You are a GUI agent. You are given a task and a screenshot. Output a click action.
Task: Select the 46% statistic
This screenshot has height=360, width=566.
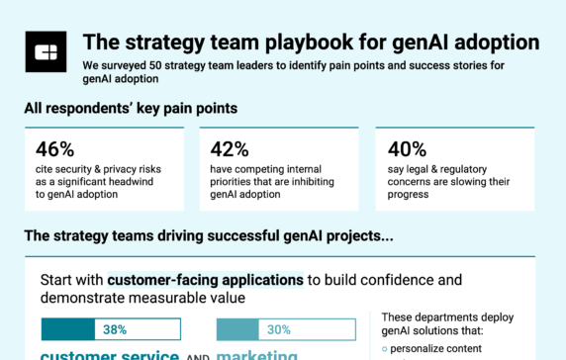[54, 149]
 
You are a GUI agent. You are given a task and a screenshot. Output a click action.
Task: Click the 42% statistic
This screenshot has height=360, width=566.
[231, 149]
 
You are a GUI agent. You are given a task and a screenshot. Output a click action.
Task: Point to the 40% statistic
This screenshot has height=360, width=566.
[408, 149]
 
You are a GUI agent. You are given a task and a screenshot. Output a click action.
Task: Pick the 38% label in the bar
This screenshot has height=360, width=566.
[114, 329]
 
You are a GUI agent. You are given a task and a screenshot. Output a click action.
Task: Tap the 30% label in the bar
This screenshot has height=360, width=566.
[278, 329]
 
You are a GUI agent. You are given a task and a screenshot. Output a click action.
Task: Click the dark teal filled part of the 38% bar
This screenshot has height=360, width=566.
[67, 329]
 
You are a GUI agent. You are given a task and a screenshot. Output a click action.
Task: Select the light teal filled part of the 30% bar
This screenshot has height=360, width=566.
[236, 329]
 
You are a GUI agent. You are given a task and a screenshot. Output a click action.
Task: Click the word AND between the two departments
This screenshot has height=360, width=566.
[197, 355]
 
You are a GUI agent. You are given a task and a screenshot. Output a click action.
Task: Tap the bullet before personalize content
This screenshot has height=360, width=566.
[384, 349]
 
